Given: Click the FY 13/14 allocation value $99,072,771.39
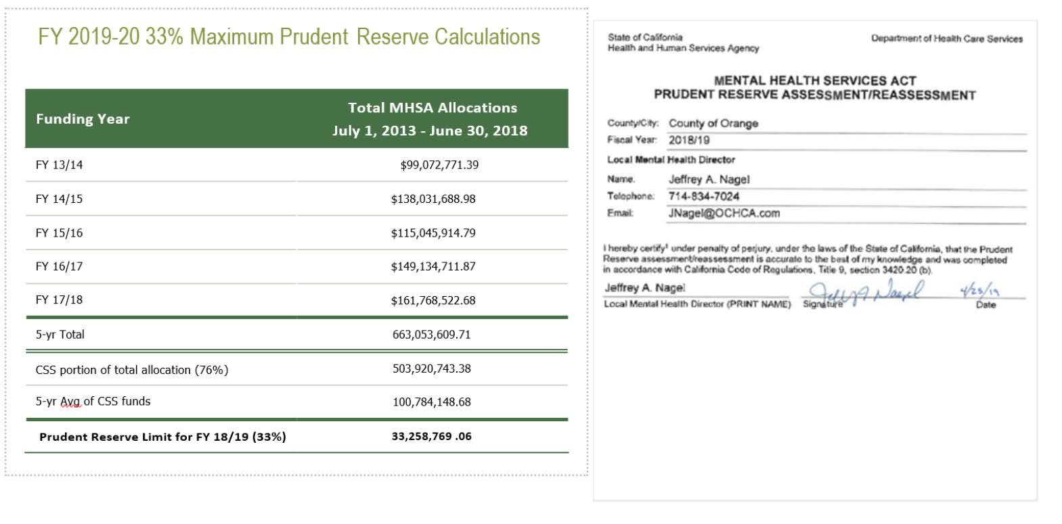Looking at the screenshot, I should click(x=439, y=165).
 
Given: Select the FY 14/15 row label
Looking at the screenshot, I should click(x=59, y=199).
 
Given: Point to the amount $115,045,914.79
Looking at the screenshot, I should click(x=433, y=233).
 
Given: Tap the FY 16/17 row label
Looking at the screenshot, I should click(x=59, y=266).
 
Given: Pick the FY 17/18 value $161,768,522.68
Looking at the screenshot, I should click(x=433, y=300).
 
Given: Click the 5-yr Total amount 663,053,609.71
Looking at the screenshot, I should click(x=431, y=334).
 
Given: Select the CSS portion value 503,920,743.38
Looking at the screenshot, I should click(x=431, y=368).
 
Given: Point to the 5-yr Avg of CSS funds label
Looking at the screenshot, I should click(x=93, y=401).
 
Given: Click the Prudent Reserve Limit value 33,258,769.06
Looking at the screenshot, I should click(x=431, y=436).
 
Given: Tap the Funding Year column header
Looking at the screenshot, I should click(x=83, y=119).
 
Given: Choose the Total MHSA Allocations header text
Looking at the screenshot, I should click(x=432, y=108).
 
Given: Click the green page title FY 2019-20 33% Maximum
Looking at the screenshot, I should click(x=288, y=37).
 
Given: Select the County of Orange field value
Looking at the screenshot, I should click(x=713, y=123).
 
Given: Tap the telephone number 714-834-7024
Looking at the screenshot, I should click(x=704, y=196).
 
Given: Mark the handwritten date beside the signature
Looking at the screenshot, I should click(x=980, y=291).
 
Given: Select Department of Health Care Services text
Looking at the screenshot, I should click(x=947, y=39).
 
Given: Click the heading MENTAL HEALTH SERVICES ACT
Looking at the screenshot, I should click(x=814, y=80).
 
